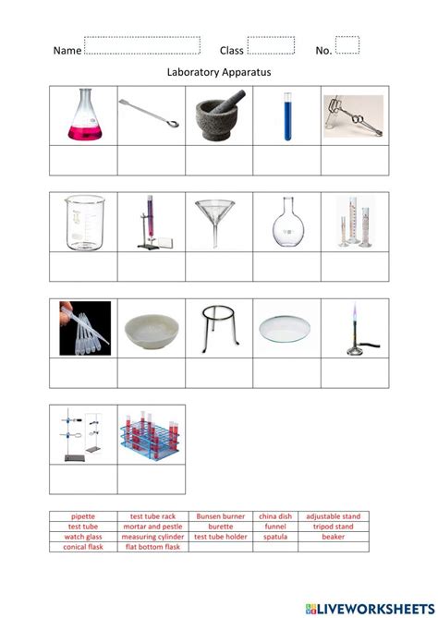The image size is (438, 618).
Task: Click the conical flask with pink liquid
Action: point(83,116)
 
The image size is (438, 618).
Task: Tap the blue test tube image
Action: point(287,116)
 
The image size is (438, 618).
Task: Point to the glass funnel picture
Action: point(219,222)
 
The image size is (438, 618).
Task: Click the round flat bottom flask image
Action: point(287,222)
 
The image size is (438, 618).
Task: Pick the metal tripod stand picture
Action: point(219,327)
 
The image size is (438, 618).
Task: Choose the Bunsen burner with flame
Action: point(355,327)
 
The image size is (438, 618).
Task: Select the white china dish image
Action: point(151,327)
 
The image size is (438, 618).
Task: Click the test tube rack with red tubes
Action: point(151,434)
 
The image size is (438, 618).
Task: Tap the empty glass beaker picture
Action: point(83,222)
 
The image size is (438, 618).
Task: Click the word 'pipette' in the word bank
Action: point(83,516)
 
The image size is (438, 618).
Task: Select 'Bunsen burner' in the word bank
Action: point(219,516)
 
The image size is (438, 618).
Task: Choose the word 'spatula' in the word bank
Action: point(276,537)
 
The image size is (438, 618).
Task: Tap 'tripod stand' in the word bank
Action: point(334,527)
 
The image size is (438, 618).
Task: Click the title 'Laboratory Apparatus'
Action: point(218,71)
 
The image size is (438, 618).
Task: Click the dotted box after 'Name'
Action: point(141,46)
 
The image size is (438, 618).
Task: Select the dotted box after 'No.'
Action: point(347,45)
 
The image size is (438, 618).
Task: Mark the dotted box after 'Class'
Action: point(271,46)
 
